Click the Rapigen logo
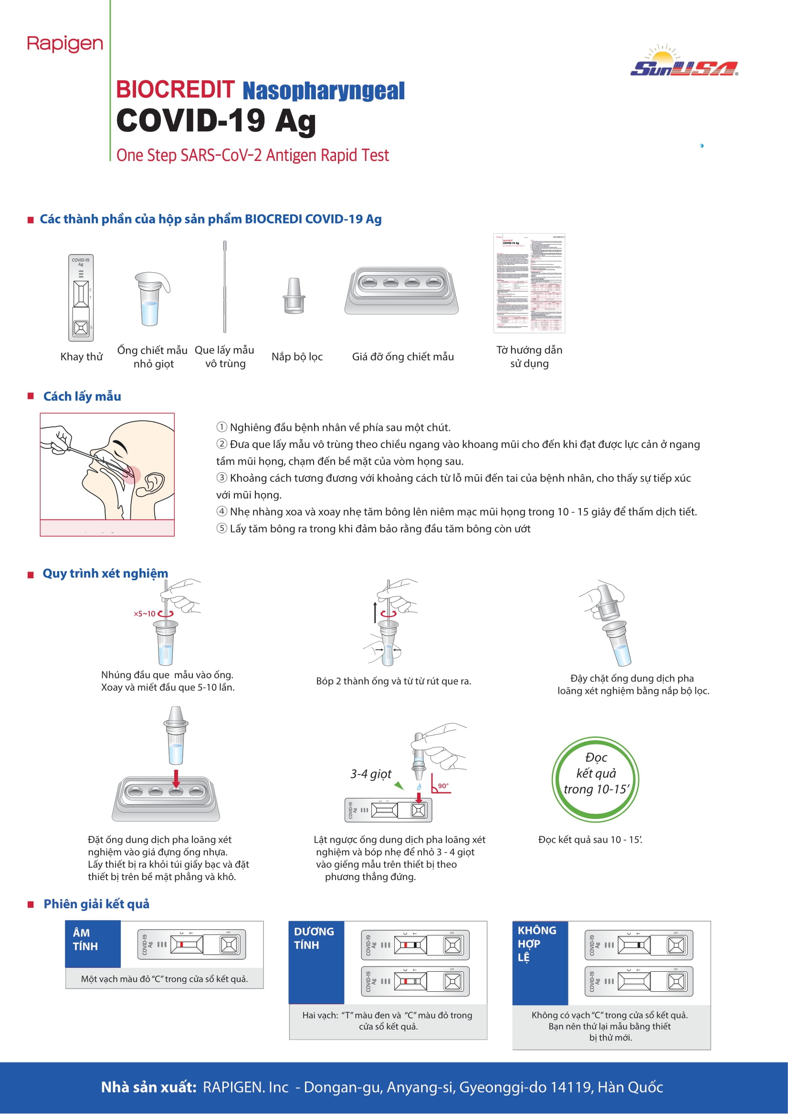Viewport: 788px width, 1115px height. pos(65,44)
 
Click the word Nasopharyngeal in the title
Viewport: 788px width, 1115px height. pos(323,91)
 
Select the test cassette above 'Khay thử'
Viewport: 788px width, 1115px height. pos(81,297)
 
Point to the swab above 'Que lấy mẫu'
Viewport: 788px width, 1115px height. pos(225,287)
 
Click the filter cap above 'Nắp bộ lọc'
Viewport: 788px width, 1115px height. pos(294,296)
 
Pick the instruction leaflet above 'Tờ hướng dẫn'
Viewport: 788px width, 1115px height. pos(529,284)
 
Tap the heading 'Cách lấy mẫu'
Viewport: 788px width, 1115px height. pos(82,397)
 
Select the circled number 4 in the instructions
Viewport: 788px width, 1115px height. pos(221,511)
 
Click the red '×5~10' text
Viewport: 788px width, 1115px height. pos(144,614)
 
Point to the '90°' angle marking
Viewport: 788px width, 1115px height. pos(443,786)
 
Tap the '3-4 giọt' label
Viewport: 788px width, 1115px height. pos(371,774)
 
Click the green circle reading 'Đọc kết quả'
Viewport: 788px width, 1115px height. pos(595,779)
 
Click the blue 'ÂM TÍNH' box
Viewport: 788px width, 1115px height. pos(93,944)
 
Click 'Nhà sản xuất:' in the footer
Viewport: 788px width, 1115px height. pos(148,1087)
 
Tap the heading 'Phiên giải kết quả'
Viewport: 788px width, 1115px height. pos(96,904)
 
